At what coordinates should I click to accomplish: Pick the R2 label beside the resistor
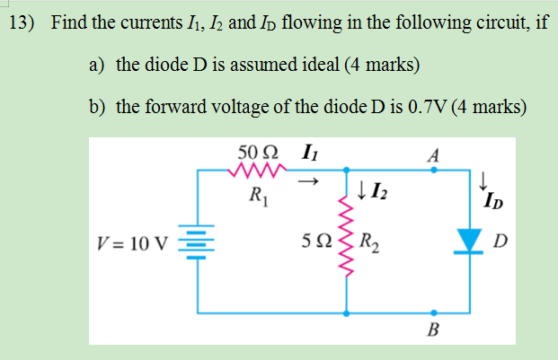368,241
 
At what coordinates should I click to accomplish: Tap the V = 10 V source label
136,241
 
